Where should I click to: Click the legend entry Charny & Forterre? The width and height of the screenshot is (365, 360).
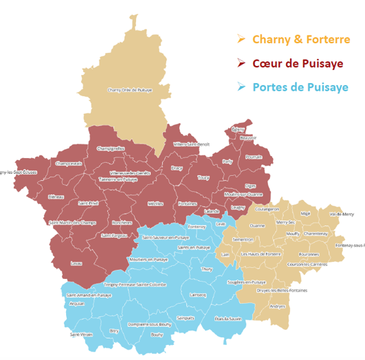[301, 39]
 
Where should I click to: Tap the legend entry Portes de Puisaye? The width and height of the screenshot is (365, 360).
[300, 87]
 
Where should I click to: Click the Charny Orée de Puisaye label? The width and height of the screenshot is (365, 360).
[129, 89]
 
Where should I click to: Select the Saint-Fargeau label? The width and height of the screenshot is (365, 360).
[113, 235]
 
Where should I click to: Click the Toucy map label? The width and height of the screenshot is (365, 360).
[203, 177]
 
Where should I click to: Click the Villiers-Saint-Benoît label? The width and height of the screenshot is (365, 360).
[192, 144]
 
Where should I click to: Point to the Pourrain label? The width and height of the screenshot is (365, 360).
[254, 157]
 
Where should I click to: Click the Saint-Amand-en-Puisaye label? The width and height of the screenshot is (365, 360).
[89, 295]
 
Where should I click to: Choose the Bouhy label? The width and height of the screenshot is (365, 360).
[157, 335]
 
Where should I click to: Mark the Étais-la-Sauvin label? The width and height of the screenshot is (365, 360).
[228, 319]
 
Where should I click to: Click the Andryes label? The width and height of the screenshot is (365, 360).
[277, 306]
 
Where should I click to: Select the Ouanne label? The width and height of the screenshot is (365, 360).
[257, 225]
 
